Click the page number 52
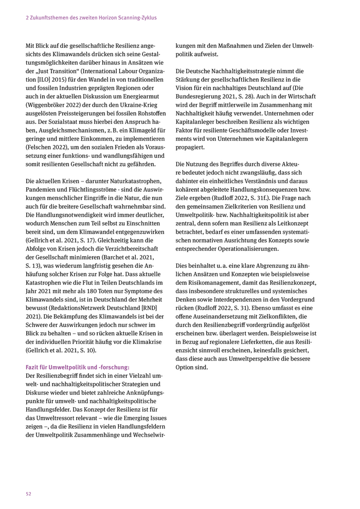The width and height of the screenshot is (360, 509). [x=29, y=494]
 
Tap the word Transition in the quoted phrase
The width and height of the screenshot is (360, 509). [x=68, y=71]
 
